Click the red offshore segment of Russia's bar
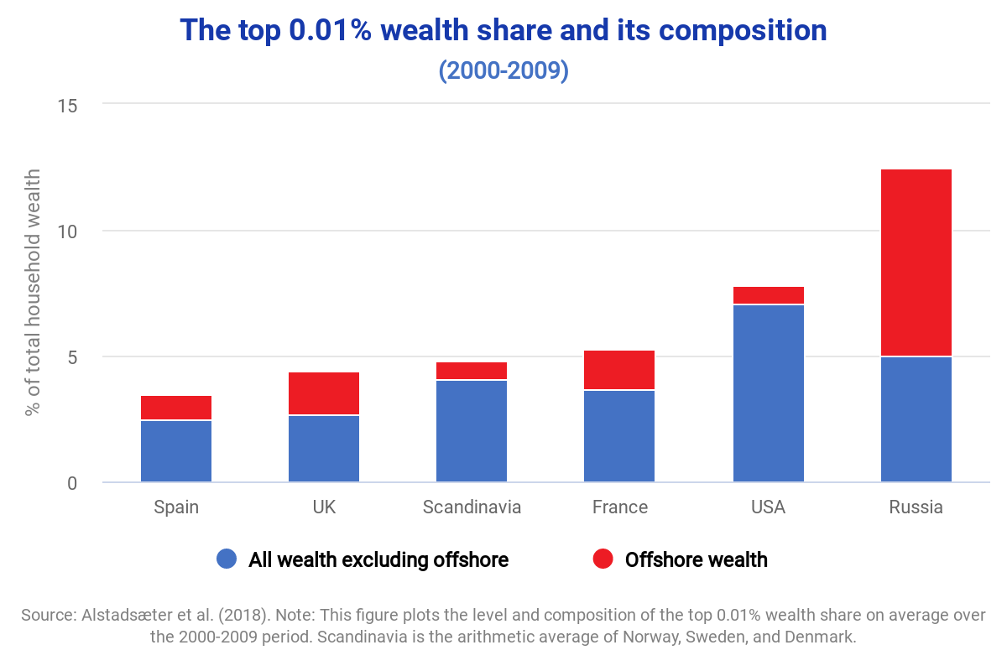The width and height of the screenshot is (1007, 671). pyautogui.click(x=916, y=263)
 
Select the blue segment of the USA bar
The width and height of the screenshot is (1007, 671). pyautogui.click(x=768, y=393)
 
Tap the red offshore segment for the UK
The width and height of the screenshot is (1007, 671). pyautogui.click(x=324, y=393)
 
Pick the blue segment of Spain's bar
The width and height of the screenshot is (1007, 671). pyautogui.click(x=176, y=451)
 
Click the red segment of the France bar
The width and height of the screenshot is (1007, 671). pyautogui.click(x=619, y=370)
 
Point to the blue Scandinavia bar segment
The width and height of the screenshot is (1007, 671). pyautogui.click(x=472, y=431)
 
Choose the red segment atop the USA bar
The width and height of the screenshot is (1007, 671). pyautogui.click(x=768, y=295)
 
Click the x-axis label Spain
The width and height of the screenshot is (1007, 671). pyautogui.click(x=176, y=507)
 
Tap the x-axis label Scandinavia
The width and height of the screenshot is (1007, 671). pyautogui.click(x=472, y=507)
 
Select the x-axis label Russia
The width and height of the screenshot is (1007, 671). pyautogui.click(x=916, y=507)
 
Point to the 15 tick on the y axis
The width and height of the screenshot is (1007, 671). pyautogui.click(x=67, y=105)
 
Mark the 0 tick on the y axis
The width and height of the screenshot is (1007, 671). pyautogui.click(x=72, y=483)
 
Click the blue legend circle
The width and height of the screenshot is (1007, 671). pyautogui.click(x=227, y=559)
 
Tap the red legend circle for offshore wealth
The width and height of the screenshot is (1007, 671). pyautogui.click(x=603, y=559)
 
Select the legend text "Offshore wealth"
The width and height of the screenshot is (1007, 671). pyautogui.click(x=696, y=559)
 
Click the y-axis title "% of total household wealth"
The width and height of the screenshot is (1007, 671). pyautogui.click(x=33, y=292)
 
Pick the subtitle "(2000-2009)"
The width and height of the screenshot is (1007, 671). pyautogui.click(x=503, y=70)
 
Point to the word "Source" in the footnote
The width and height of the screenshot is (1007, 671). pyautogui.click(x=47, y=615)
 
